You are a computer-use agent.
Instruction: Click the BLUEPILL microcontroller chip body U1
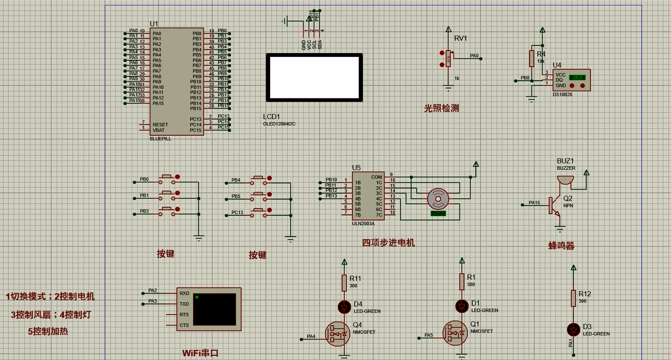(x=176, y=81)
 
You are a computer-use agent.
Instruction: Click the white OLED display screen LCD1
(x=314, y=77)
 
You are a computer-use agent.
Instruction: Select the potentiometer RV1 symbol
(x=448, y=59)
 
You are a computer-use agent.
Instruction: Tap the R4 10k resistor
(x=531, y=58)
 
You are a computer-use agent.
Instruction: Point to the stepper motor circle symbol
(x=438, y=199)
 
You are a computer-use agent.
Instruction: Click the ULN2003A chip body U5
(x=368, y=196)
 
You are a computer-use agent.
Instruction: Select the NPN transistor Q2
(x=553, y=205)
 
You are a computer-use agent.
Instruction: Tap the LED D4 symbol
(x=344, y=306)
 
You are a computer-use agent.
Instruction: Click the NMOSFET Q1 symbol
(x=455, y=333)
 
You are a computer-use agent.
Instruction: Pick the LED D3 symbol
(x=573, y=329)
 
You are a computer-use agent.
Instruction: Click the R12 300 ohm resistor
(x=573, y=298)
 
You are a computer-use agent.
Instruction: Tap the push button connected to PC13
(x=258, y=212)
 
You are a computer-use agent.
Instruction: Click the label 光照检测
(x=441, y=108)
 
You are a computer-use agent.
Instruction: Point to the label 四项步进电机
(x=388, y=243)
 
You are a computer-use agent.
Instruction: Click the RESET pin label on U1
(x=160, y=125)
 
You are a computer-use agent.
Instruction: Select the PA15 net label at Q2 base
(x=534, y=202)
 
